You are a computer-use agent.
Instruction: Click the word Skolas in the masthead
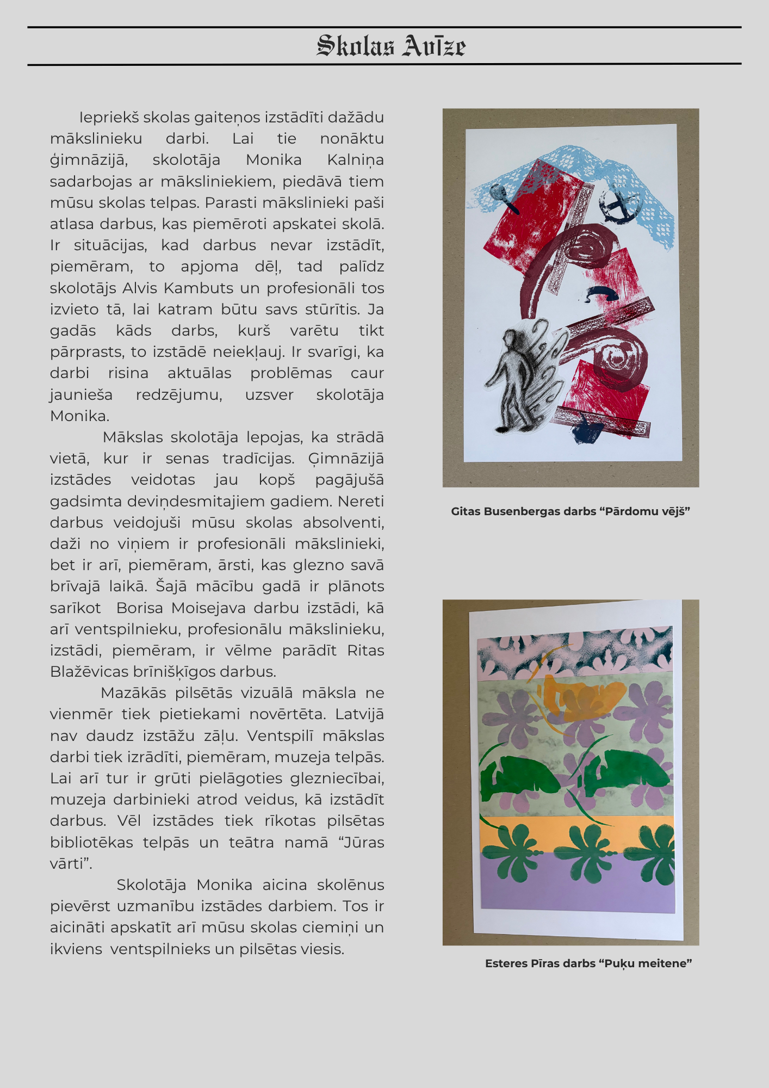[x=355, y=46]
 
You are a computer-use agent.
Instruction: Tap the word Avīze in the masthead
[x=434, y=46]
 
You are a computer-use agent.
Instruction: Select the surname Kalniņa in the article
[x=355, y=160]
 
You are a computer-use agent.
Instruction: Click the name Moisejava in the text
[x=210, y=608]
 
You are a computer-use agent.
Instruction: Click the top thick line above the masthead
[x=384, y=27]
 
